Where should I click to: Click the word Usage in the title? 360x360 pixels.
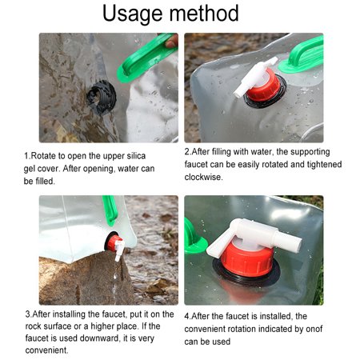pyautogui.click(x=142, y=14)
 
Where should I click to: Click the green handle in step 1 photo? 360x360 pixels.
pyautogui.click(x=147, y=57)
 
